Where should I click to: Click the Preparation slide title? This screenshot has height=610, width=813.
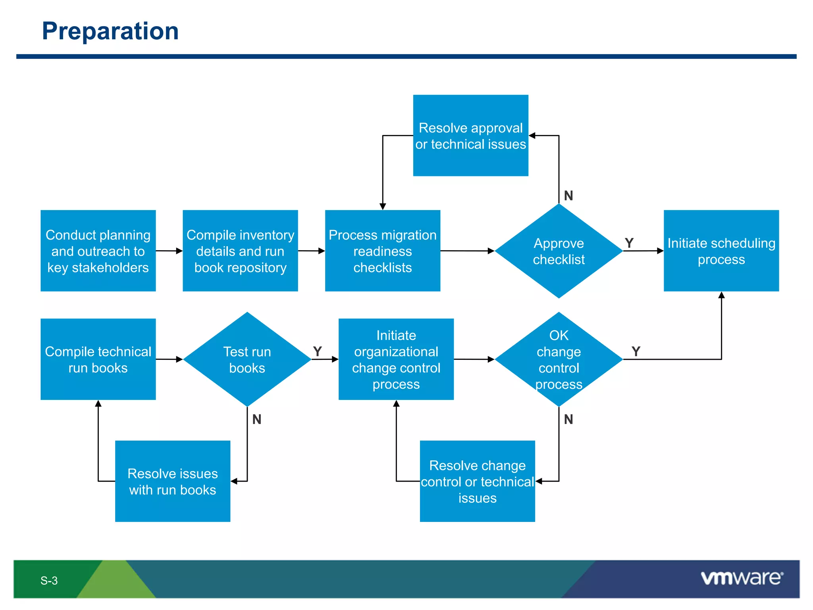pyautogui.click(x=110, y=31)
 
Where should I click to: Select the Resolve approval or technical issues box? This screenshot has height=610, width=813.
pyautogui.click(x=470, y=135)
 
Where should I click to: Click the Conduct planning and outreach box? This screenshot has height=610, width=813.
pyautogui.click(x=98, y=251)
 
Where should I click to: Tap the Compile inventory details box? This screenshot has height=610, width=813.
pyautogui.click(x=240, y=251)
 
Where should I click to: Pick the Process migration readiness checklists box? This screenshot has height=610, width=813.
pyautogui.click(x=382, y=251)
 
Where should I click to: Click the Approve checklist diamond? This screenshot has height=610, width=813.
pyautogui.click(x=559, y=251)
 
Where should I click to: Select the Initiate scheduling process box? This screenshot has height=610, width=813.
pyautogui.click(x=721, y=251)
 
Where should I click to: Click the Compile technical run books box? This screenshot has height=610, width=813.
pyautogui.click(x=98, y=359)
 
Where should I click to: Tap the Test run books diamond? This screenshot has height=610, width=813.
pyautogui.click(x=247, y=359)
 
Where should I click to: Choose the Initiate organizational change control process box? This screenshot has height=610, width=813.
pyautogui.click(x=396, y=359)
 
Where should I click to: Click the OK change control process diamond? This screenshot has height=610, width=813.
pyautogui.click(x=559, y=359)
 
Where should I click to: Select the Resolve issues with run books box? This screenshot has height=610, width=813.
pyautogui.click(x=172, y=481)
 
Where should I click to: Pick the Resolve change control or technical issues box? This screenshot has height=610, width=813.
pyautogui.click(x=477, y=481)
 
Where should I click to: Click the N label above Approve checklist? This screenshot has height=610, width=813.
pyautogui.click(x=568, y=196)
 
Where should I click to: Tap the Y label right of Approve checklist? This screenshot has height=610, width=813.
pyautogui.click(x=629, y=243)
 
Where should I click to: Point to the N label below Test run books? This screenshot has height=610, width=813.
pyautogui.click(x=256, y=419)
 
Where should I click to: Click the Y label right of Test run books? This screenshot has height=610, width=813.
pyautogui.click(x=317, y=351)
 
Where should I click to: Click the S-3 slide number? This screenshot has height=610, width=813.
pyautogui.click(x=49, y=581)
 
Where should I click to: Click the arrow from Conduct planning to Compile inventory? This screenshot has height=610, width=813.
pyautogui.click(x=169, y=251)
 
